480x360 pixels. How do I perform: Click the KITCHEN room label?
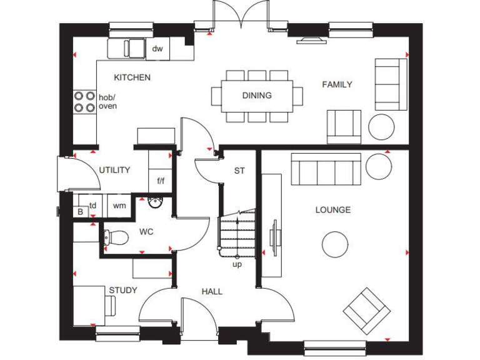click(x=131, y=77)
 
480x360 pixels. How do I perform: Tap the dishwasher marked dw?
click(x=157, y=49)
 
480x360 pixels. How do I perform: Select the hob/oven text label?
click(x=107, y=101)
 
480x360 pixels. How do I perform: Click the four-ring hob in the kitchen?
click(x=84, y=101)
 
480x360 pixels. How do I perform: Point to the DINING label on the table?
click(x=257, y=96)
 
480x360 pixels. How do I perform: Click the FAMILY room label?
click(x=337, y=84)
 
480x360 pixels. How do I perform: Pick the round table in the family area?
click(x=381, y=127)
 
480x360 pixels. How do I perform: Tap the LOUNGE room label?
click(x=332, y=210)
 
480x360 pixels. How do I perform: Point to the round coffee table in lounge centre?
click(x=335, y=244)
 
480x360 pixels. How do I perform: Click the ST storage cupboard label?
click(x=239, y=170)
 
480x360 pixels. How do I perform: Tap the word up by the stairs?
click(x=237, y=264)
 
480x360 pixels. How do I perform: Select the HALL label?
click(x=212, y=291)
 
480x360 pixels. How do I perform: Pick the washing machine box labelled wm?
click(x=119, y=205)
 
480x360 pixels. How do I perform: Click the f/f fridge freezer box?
click(x=161, y=181)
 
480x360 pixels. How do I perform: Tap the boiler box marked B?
click(x=79, y=212)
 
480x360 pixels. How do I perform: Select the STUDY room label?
click(x=123, y=290)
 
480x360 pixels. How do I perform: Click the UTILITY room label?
click(x=114, y=170)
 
